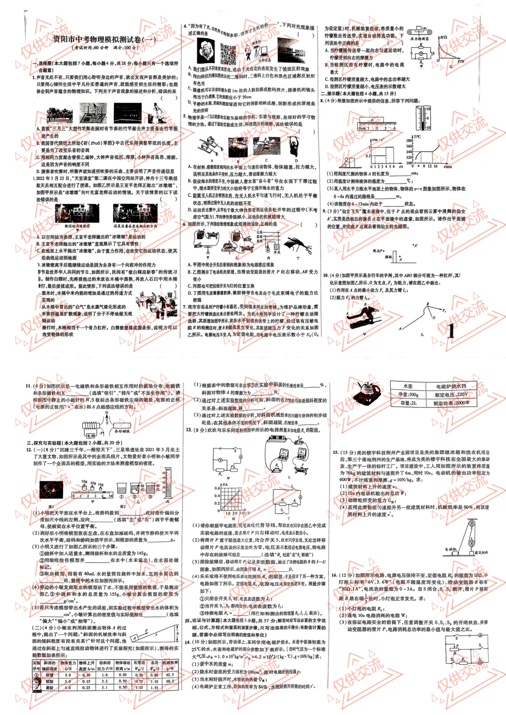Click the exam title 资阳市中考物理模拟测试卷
(x=104, y=39)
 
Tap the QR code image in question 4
(x=228, y=54)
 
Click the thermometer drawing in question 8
(x=424, y=118)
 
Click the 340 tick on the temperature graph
(x=409, y=152)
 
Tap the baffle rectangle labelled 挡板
(x=394, y=257)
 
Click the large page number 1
(x=450, y=331)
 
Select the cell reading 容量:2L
(x=408, y=403)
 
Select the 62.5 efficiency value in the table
(x=170, y=675)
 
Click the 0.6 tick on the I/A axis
(x=217, y=488)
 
